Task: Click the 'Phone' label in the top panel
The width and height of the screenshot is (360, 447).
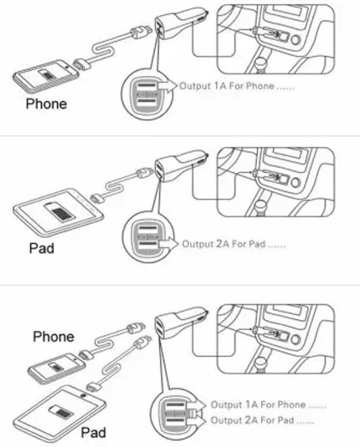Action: tap(46, 104)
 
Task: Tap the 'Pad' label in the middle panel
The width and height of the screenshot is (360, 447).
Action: tap(42, 248)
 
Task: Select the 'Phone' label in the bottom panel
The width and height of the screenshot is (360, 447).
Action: tap(54, 336)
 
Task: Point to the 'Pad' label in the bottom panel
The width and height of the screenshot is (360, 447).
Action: tap(94, 433)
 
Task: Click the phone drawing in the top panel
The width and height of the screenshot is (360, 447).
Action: tap(46, 76)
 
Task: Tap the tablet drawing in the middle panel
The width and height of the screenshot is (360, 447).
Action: tap(58, 213)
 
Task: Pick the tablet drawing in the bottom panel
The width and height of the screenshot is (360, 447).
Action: tap(60, 414)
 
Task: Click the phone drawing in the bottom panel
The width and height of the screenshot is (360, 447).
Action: tap(56, 368)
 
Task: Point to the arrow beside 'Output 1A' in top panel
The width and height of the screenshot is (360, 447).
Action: tap(168, 85)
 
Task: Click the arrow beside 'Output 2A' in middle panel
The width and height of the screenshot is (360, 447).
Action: tap(168, 243)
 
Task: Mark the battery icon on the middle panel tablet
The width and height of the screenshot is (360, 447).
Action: tap(60, 212)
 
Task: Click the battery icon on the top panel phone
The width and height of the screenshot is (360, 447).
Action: tap(47, 75)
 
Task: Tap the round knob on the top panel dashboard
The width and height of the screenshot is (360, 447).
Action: tap(295, 40)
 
